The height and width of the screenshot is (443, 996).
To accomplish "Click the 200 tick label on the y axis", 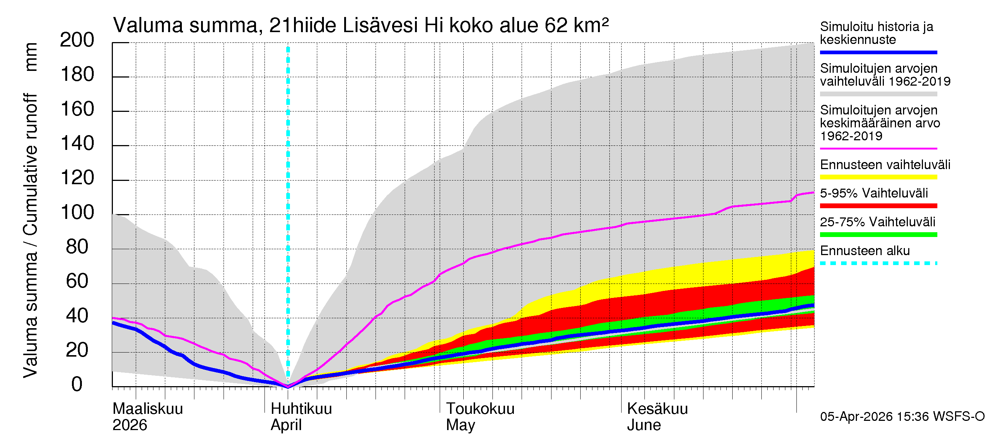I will coord(77,40).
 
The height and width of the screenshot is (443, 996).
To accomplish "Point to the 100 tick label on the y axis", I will coord(77,212).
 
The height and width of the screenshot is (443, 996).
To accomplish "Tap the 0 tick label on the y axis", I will coord(77,384).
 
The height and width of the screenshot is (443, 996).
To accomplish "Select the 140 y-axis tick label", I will coord(77,144).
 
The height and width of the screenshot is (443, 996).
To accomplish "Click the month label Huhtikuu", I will coord(301,409).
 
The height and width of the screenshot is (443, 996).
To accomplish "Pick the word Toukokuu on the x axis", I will coord(480,409).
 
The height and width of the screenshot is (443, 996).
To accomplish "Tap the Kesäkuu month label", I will coord(657,409).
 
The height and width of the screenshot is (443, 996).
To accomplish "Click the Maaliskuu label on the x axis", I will coord(147,409).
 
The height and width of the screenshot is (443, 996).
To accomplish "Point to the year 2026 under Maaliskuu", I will coord(129,425).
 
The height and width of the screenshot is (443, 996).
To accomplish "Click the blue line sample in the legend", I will coord(878,52).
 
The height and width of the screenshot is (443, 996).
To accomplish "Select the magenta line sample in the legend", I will coord(878,148).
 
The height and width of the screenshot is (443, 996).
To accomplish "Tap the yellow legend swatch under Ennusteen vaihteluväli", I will coord(878,177).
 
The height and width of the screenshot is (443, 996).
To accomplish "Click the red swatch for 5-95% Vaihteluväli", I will coord(878,206).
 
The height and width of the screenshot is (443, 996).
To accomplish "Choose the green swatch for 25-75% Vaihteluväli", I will coord(878,234).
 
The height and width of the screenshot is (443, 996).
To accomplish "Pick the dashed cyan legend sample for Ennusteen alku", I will coord(878,264).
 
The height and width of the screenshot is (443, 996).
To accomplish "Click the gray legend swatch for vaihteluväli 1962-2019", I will coord(878,94).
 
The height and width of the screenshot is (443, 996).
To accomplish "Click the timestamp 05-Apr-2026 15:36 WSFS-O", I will coord(902,416).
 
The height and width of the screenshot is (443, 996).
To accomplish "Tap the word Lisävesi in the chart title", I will coord(380,25).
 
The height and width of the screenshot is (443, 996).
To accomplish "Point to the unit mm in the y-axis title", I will coord(31,57).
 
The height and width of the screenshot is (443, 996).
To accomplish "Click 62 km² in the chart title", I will coord(577,25).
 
